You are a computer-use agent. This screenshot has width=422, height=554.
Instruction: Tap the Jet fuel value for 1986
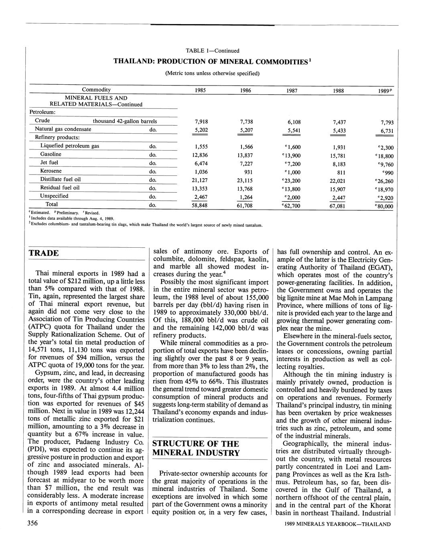245,164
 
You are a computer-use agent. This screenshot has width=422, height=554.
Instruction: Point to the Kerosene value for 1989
385,173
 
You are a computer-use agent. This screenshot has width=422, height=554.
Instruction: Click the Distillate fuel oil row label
61,179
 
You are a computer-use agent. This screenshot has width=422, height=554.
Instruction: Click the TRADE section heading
44,253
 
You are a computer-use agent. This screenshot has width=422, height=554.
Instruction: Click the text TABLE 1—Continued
213,51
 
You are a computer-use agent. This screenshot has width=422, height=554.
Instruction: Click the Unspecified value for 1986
245,197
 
